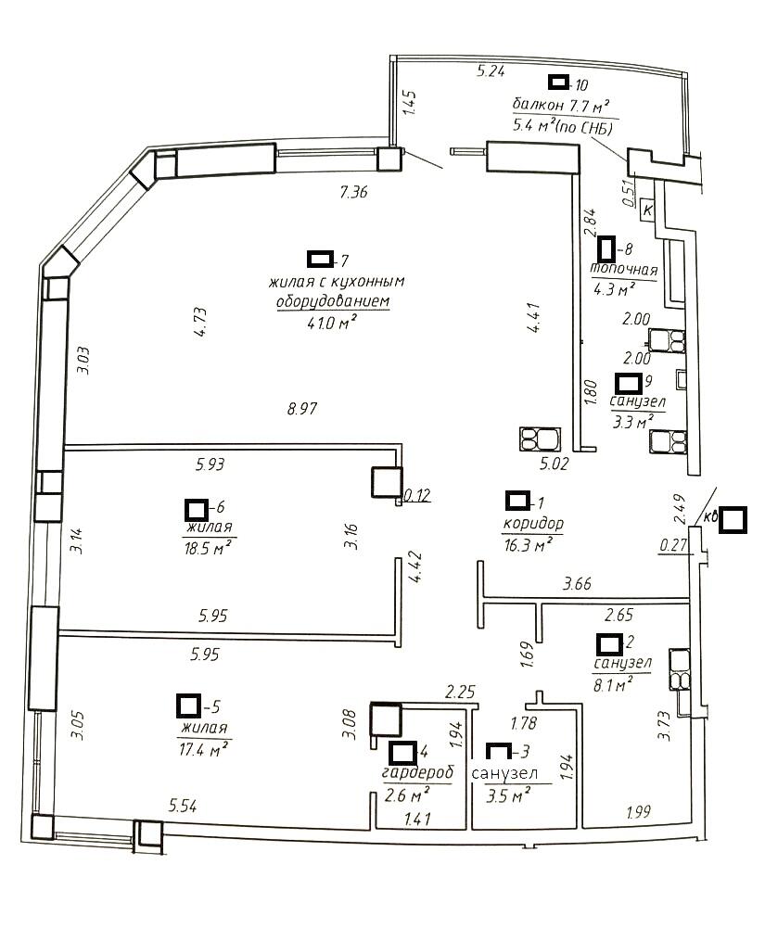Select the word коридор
[x=532, y=524]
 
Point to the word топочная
[x=624, y=270]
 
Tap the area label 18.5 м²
[x=208, y=548]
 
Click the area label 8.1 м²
[x=614, y=683]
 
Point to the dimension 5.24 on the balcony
[x=492, y=70]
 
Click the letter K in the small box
[x=648, y=210]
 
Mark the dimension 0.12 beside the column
[x=418, y=496]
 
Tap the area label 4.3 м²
[x=613, y=288]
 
